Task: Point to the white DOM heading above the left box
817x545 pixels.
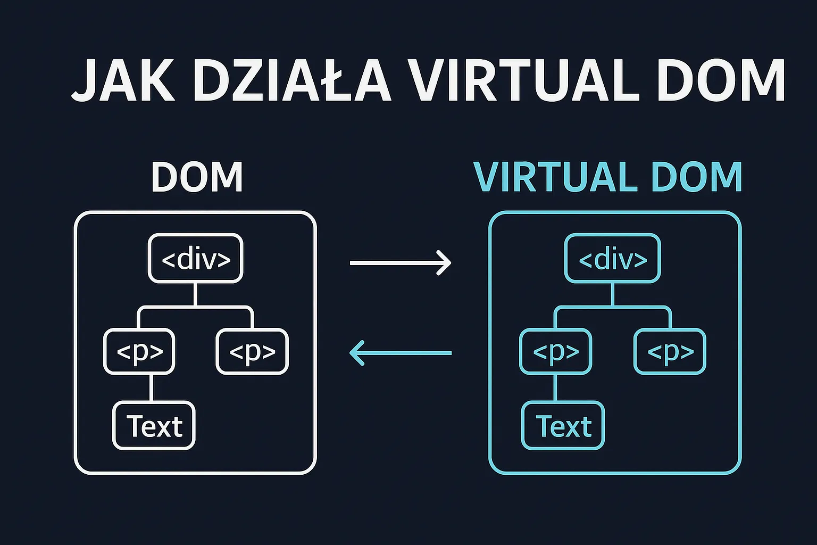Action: (x=197, y=177)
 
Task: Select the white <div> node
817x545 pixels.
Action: (x=196, y=259)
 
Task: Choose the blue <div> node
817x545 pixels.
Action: (x=612, y=259)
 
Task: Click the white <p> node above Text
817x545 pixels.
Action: (x=139, y=351)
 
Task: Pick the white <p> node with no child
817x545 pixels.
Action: (x=252, y=351)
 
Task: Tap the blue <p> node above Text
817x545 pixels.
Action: (x=555, y=351)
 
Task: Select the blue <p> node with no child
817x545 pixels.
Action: (x=670, y=351)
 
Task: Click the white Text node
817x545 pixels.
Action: (x=154, y=426)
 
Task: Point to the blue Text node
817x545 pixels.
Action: (x=563, y=426)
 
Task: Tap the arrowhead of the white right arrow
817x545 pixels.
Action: (x=446, y=262)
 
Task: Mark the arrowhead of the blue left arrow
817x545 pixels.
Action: (x=355, y=352)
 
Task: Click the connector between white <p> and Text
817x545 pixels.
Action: (x=152, y=387)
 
